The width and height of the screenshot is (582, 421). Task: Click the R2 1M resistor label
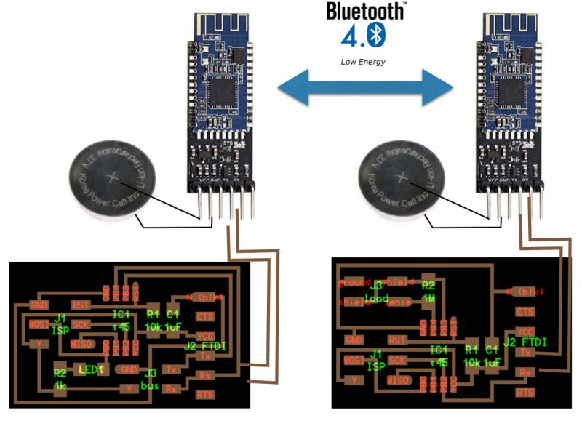click(428, 292)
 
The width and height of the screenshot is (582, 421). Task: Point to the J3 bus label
click(151, 378)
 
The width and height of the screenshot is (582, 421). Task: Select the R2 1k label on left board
click(60, 378)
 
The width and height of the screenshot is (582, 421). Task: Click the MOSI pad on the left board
click(37, 321)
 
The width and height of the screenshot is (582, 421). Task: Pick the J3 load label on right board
click(375, 292)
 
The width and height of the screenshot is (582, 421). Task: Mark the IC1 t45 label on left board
click(121, 320)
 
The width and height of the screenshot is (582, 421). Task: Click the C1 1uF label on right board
click(493, 356)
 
